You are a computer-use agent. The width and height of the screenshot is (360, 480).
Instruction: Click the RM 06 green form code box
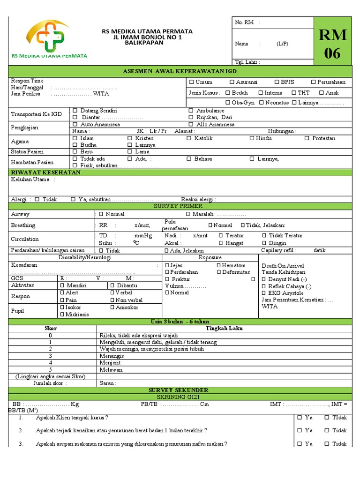333,44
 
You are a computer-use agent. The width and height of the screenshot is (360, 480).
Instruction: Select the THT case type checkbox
294,93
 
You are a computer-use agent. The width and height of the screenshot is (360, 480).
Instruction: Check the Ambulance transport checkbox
191,111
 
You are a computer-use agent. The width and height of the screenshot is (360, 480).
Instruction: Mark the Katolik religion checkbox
189,138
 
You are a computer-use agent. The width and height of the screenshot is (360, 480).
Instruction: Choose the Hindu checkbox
252,138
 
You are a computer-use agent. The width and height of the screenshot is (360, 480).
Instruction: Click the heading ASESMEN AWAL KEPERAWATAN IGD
180,71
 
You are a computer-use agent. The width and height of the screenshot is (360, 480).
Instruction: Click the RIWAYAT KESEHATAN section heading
46,172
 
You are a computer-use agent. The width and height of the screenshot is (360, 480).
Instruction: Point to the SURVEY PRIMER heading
180,206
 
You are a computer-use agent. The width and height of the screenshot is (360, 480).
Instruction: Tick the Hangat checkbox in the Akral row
221,243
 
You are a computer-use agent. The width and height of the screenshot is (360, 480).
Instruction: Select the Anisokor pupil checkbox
112,307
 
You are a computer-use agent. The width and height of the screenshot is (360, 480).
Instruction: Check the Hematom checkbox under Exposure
219,265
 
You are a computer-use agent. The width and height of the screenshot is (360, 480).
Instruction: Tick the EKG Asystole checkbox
264,293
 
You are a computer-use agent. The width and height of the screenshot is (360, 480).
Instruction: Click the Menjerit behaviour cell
111,362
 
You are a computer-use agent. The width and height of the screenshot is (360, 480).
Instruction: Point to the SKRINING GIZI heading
180,397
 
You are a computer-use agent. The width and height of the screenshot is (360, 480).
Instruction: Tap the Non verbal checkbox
112,300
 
